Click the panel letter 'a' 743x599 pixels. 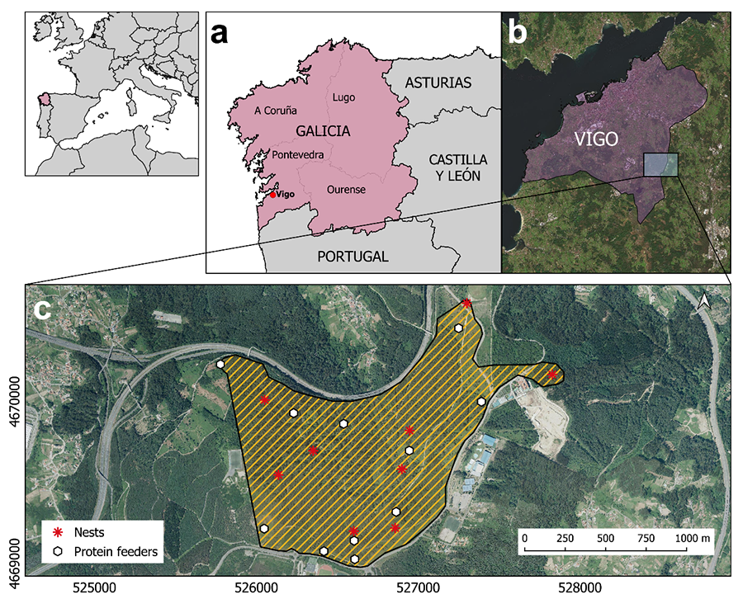pyautogui.click(x=219, y=34)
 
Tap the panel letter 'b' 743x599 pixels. pyautogui.click(x=517, y=32)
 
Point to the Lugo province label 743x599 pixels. pyautogui.click(x=343, y=97)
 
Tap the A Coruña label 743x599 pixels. pyautogui.click(x=276, y=111)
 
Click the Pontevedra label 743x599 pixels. pyautogui.click(x=297, y=154)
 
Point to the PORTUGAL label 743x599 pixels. pyautogui.click(x=353, y=256)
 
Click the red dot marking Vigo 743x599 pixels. pyautogui.click(x=273, y=195)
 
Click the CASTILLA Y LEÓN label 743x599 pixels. pyautogui.click(x=458, y=166)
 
